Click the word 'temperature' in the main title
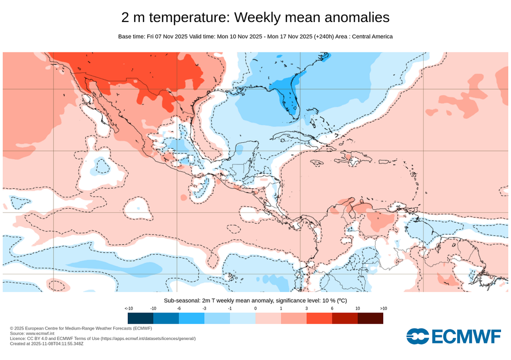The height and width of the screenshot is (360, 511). [x=190, y=17]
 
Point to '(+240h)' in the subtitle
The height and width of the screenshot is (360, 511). [x=324, y=36]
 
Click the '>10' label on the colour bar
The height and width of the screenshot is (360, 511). [x=383, y=309]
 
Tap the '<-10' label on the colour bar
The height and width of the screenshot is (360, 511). [x=128, y=309]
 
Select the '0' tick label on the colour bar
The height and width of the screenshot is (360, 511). [x=255, y=309]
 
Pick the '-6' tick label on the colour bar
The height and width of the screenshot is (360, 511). [x=179, y=309]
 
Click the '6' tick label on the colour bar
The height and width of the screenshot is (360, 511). [x=332, y=309]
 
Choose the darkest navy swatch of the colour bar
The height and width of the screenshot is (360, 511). [x=140, y=319]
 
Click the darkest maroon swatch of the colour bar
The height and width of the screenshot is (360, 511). [x=370, y=319]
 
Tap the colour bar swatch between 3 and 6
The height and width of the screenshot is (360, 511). [x=319, y=319]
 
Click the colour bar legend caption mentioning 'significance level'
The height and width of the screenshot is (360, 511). [x=255, y=300]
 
